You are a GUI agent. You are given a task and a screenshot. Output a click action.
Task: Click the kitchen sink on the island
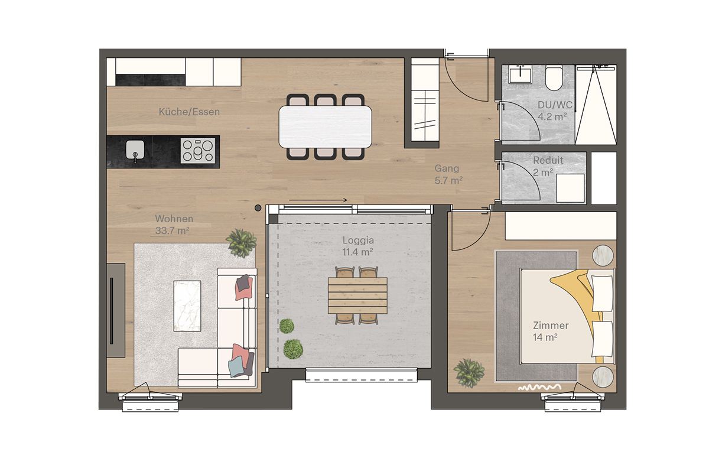[135, 151]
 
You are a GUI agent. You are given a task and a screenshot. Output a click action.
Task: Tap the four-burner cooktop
[198, 150]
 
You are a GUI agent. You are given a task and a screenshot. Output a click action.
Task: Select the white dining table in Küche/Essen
[326, 126]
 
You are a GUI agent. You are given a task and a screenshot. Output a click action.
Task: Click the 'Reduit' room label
[548, 160]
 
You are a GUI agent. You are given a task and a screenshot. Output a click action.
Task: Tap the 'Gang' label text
[447, 168]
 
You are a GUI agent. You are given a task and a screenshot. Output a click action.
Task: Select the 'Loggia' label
[357, 240]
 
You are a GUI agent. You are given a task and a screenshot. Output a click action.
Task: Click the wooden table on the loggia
[358, 295]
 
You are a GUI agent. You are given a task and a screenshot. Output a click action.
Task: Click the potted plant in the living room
[242, 242]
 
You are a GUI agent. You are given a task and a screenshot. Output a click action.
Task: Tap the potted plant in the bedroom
[469, 372]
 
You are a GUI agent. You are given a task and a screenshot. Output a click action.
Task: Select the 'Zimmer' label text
[551, 326]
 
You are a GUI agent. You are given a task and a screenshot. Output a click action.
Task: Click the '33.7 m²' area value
[172, 231]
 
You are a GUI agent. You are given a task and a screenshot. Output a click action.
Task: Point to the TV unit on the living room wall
[115, 310]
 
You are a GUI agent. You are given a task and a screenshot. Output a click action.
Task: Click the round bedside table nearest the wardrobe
[604, 256]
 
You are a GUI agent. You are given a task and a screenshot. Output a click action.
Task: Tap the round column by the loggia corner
[258, 207]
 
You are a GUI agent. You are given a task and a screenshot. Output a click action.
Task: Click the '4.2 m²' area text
[552, 116]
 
